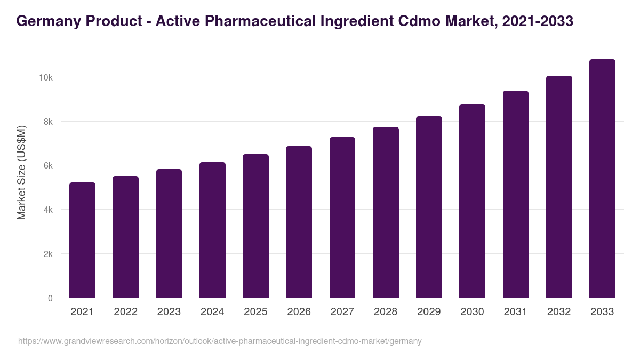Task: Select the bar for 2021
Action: pos(82,240)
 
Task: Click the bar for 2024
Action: pos(212,230)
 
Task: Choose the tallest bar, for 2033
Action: pos(602,179)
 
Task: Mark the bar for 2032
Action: pos(559,187)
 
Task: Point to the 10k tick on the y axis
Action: pos(45,78)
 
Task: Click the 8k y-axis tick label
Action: pos(47,122)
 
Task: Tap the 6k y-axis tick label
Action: pos(47,166)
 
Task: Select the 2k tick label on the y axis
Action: pos(47,254)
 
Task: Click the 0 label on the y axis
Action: pos(50,298)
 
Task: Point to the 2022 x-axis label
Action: pos(125,312)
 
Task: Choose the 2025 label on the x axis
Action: pos(255,312)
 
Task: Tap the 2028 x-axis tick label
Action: pos(386,312)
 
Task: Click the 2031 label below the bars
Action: pos(516,312)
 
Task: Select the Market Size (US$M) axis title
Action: pos(21,173)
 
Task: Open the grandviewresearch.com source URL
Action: pos(220,341)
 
